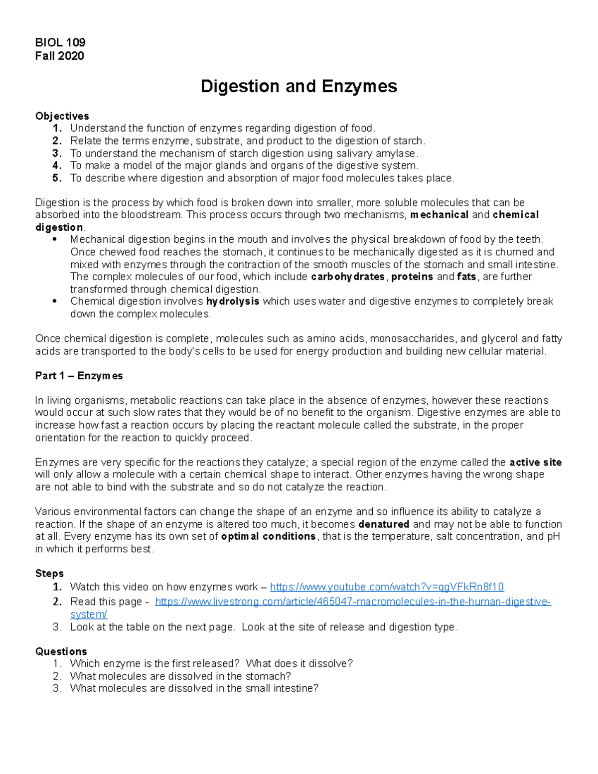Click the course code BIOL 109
tap(60, 42)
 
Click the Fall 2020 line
tap(59, 55)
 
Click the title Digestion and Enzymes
tap(299, 86)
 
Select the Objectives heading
tap(62, 116)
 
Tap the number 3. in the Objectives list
tap(57, 153)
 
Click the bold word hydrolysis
tap(233, 302)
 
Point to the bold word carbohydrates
tap(348, 277)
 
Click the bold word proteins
tap(412, 277)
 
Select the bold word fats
tap(466, 277)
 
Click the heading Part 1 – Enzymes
tap(79, 376)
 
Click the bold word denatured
tap(384, 524)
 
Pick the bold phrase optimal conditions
tap(268, 537)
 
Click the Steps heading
tap(49, 574)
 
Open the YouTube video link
tap(387, 587)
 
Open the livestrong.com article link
tap(353, 602)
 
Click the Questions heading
tap(61, 651)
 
